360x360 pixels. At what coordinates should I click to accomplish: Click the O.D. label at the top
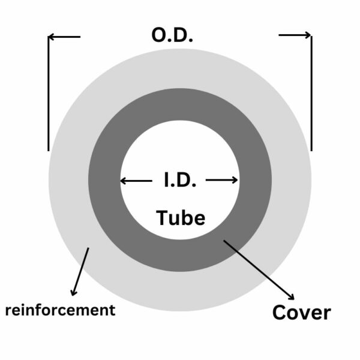pos(172,35)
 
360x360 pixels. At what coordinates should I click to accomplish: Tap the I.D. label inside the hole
pos(179,180)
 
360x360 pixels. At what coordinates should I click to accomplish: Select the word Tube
pos(181,217)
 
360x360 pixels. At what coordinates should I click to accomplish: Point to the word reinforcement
pos(59,310)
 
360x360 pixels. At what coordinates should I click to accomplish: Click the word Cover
pos(301,313)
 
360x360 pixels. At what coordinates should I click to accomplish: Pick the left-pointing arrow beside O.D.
pos(64,37)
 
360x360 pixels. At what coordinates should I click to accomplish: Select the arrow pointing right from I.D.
pos(222,180)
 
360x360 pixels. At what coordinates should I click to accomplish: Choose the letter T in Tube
pos(163,217)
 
